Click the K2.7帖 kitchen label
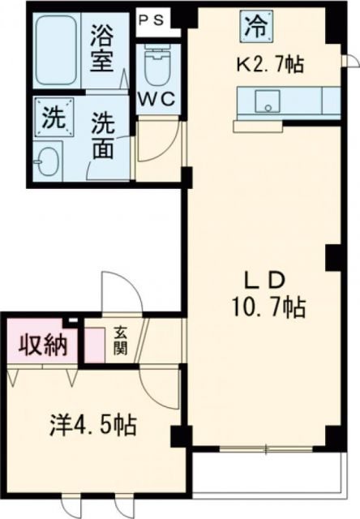click(271, 65)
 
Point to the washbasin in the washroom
click(51, 160)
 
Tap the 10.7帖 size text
click(264, 308)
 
